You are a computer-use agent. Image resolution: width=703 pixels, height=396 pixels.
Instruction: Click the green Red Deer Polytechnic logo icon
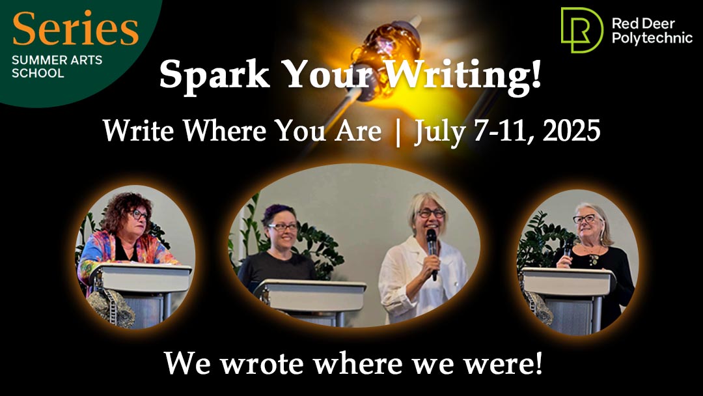pos(581,29)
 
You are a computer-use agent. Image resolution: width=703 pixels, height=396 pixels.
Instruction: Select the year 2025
pos(571,132)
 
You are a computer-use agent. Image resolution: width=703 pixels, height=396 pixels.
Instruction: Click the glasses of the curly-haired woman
pos(138,215)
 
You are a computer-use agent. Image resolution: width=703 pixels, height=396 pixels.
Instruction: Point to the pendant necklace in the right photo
pos(594,261)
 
